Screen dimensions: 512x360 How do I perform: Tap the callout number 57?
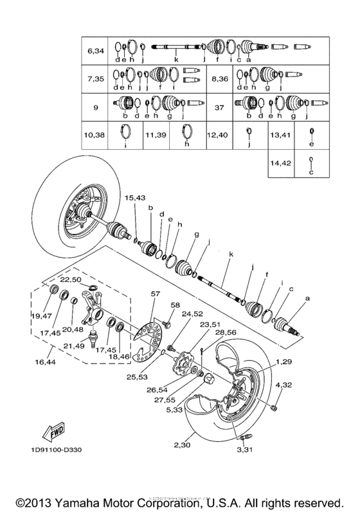(155, 293)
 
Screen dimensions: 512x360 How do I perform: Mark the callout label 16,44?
(44, 362)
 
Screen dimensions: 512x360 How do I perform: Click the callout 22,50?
(70, 279)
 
